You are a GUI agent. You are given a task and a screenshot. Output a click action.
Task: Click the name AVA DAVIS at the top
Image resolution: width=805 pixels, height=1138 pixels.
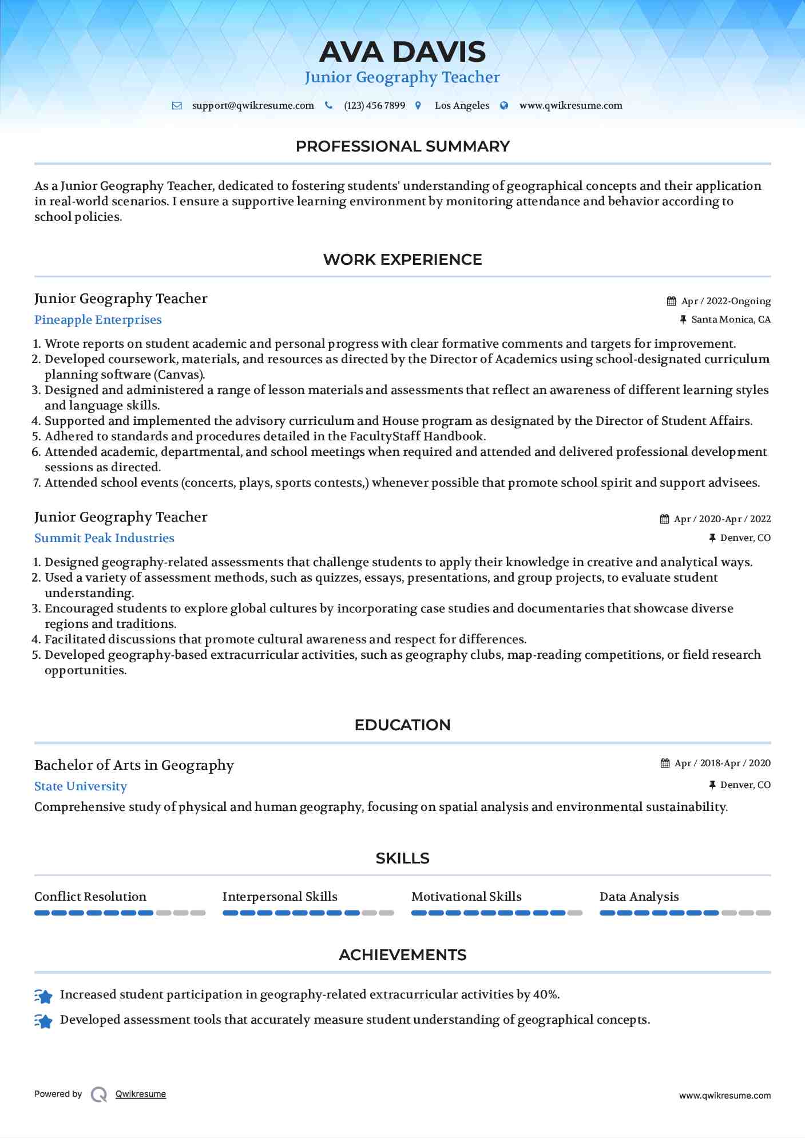pyautogui.click(x=402, y=52)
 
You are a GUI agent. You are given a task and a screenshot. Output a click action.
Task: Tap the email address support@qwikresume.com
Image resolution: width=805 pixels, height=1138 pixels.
pyautogui.click(x=253, y=106)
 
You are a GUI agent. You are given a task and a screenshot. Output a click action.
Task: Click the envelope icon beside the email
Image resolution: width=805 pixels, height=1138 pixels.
pyautogui.click(x=177, y=106)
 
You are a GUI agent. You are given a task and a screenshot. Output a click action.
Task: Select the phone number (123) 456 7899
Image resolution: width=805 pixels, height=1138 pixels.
pyautogui.click(x=374, y=106)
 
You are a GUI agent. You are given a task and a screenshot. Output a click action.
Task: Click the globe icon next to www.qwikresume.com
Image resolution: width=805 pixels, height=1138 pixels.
pyautogui.click(x=504, y=106)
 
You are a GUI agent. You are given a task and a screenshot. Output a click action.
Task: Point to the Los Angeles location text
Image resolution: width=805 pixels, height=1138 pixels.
pyautogui.click(x=462, y=106)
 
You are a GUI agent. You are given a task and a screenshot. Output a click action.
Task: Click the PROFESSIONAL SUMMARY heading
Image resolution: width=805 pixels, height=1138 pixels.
pyautogui.click(x=402, y=146)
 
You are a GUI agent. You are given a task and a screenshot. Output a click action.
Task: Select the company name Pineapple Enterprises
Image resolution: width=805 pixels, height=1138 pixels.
pyautogui.click(x=98, y=320)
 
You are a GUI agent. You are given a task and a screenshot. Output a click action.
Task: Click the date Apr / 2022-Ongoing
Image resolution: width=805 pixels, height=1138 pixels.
pyautogui.click(x=725, y=301)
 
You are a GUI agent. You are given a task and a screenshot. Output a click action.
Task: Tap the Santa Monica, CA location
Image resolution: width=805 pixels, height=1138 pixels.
pyautogui.click(x=731, y=320)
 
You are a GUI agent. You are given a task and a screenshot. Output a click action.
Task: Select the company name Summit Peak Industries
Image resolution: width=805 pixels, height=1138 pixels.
pyautogui.click(x=104, y=538)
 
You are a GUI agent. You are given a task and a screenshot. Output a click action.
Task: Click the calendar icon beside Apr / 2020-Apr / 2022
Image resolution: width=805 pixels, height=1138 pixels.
pyautogui.click(x=664, y=519)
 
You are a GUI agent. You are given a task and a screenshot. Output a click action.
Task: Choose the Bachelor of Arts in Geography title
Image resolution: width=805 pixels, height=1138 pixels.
pyautogui.click(x=134, y=765)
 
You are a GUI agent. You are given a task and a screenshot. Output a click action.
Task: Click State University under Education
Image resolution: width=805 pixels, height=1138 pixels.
pyautogui.click(x=81, y=786)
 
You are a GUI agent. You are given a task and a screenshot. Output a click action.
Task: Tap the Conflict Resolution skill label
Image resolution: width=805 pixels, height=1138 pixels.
pyautogui.click(x=90, y=897)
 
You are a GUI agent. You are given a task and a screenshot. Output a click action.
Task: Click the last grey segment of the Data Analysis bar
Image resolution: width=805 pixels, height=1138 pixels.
pyautogui.click(x=763, y=913)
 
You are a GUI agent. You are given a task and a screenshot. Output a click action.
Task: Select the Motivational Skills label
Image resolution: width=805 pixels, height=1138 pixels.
pyautogui.click(x=466, y=897)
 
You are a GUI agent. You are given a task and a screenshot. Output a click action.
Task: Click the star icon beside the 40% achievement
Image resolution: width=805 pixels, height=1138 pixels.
pyautogui.click(x=43, y=996)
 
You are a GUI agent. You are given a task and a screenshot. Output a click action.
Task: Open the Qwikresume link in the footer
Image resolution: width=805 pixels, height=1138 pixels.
pyautogui.click(x=141, y=1094)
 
